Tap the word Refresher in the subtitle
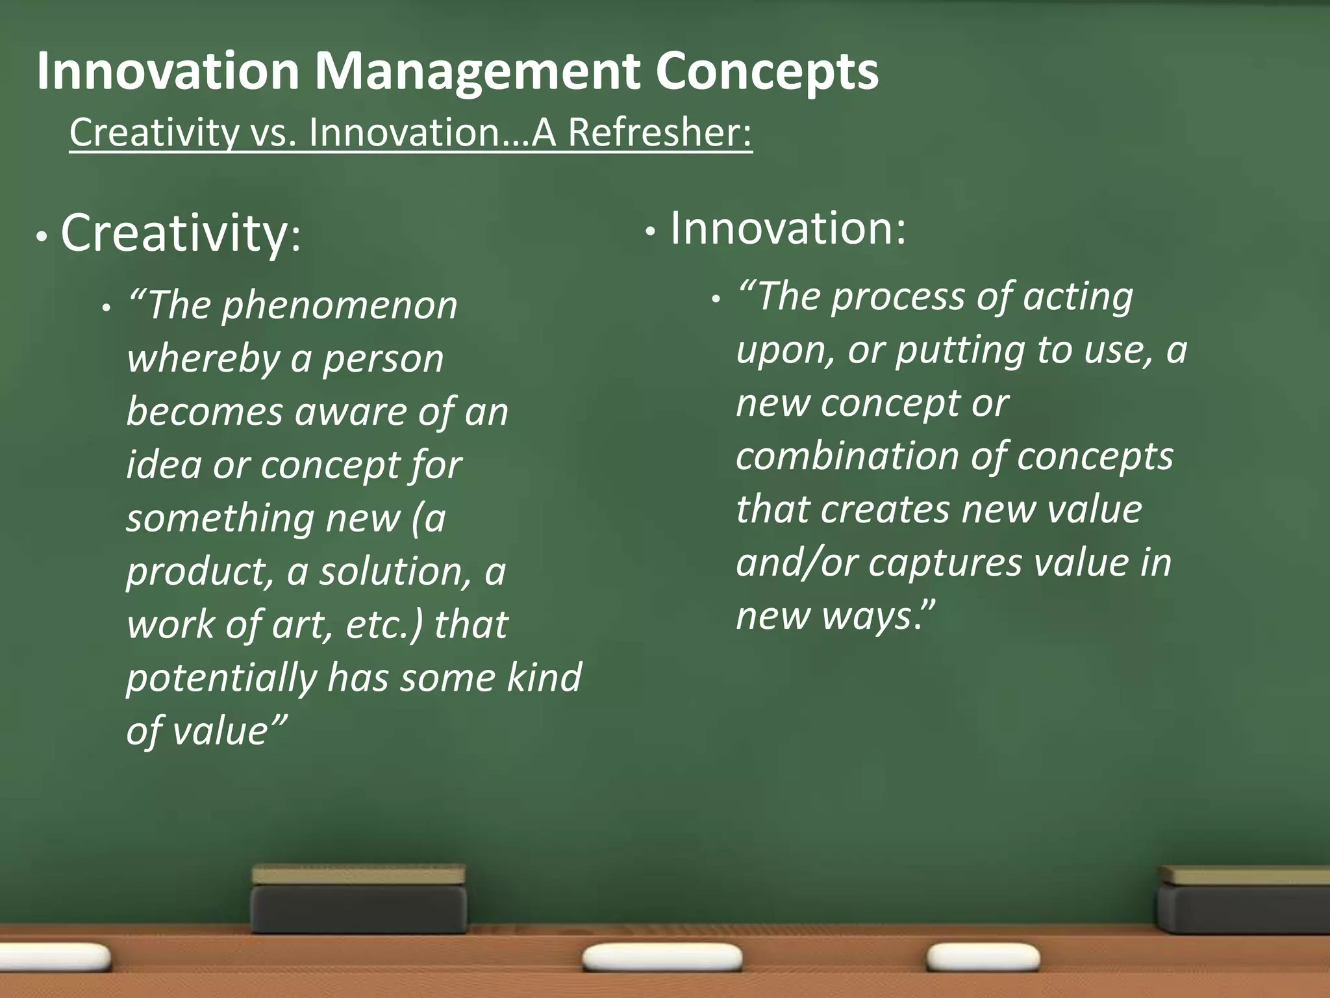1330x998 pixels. pyautogui.click(x=660, y=133)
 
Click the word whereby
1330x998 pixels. pyautogui.click(x=203, y=359)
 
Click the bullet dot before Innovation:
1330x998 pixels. pyautogui.click(x=649, y=232)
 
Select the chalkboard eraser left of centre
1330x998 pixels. pyautogui.click(x=358, y=900)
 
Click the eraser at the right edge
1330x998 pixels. pyautogui.click(x=1244, y=900)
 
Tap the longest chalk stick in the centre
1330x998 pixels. pyautogui.click(x=662, y=958)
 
